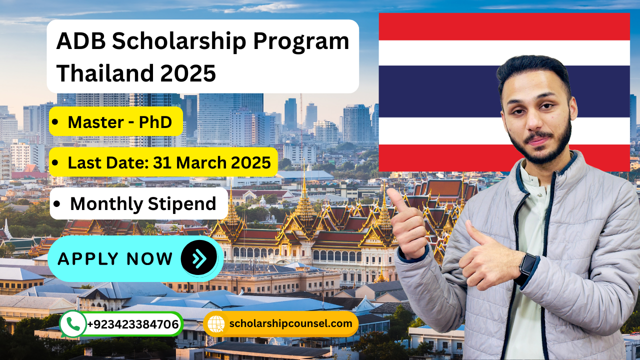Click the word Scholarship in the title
(x=179, y=41)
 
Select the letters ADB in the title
(x=81, y=41)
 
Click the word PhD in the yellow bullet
(x=155, y=122)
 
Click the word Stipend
(x=182, y=204)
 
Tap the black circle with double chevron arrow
(x=199, y=257)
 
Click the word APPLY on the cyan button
(x=88, y=259)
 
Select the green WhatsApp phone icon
(x=72, y=324)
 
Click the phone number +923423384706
(x=133, y=324)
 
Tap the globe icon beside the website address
(x=216, y=324)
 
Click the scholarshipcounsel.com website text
(x=290, y=323)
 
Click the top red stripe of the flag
(x=504, y=26)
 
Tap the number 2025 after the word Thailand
(x=188, y=73)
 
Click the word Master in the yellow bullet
(x=96, y=122)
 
